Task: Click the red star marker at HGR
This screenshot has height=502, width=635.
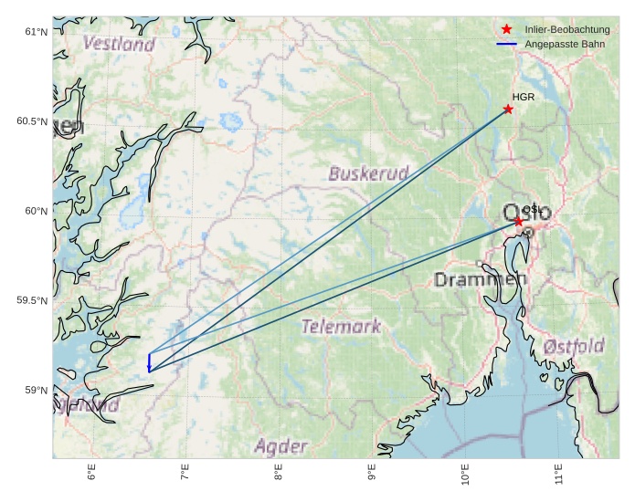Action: point(508,110)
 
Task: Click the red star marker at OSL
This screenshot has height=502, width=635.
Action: point(519,222)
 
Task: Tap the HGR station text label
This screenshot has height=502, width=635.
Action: point(523,97)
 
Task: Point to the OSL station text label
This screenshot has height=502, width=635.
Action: point(531,210)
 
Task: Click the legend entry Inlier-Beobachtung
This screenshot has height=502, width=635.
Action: point(567,30)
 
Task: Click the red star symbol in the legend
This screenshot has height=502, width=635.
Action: point(506,30)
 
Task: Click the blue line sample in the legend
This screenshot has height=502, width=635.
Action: point(506,44)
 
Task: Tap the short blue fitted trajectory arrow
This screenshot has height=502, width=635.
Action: point(149,362)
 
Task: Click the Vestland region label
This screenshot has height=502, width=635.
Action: point(119,43)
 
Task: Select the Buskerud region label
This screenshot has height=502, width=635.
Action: point(368,173)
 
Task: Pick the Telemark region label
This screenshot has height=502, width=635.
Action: point(341,326)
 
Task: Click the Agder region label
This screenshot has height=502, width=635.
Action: point(280,446)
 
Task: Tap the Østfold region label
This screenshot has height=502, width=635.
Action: point(573,347)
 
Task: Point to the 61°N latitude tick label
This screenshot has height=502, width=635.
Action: point(35,33)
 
